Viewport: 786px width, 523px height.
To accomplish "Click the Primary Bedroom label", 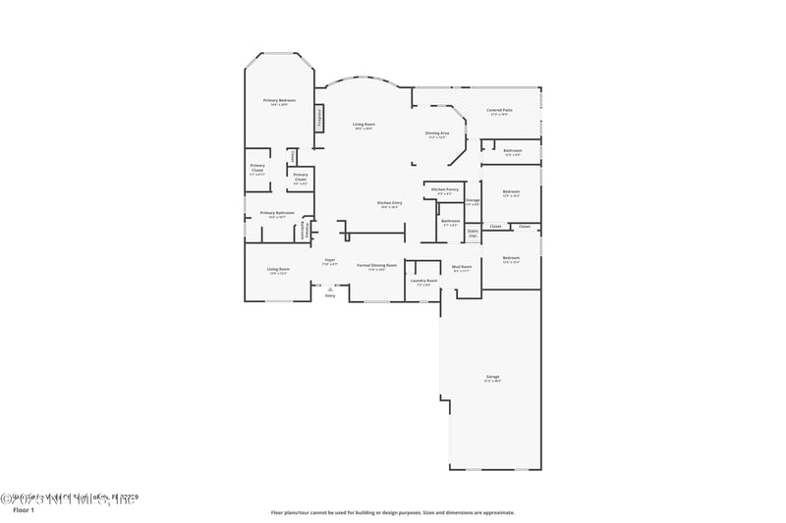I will coord(279,101).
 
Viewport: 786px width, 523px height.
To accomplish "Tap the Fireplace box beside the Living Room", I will coord(318,117).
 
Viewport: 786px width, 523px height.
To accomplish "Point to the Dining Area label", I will coord(437,132).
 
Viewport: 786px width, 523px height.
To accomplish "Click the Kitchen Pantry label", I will coord(445,189).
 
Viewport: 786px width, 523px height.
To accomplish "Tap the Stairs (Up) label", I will coord(473,234).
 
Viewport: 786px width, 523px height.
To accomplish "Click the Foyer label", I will coord(330,260).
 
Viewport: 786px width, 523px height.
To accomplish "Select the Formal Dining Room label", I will coord(376,265).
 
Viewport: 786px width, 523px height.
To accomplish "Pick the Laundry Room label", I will coord(425,281).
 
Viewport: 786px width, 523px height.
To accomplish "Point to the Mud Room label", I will coord(462,267).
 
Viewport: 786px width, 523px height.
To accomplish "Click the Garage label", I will coord(492,377).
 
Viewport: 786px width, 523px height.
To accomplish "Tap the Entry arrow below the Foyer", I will coord(330,291).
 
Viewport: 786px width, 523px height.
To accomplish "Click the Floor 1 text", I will coord(23,510).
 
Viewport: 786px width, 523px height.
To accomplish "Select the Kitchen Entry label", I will coord(389,203).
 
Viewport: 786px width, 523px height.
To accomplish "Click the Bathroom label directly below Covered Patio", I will coord(512,150).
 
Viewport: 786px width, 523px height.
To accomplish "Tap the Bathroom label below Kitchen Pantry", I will coord(450,221).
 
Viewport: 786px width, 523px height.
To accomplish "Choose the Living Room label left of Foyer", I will coord(278,269).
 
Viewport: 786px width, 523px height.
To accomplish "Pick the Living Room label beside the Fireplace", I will coord(364,125).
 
